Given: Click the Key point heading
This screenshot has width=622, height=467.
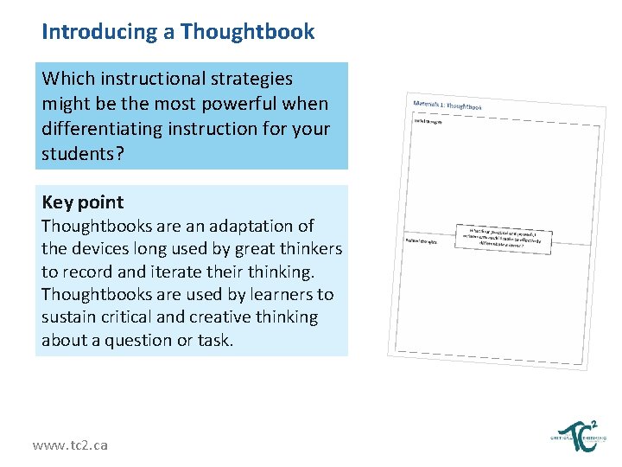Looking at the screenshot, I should (x=83, y=202).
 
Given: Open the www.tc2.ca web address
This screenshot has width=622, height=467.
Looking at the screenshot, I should (x=70, y=445).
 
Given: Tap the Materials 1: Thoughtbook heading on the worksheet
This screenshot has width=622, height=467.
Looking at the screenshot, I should (x=447, y=106).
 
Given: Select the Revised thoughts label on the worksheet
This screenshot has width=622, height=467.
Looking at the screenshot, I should (x=422, y=241).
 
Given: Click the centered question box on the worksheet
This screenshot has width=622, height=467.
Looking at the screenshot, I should (x=505, y=236).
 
